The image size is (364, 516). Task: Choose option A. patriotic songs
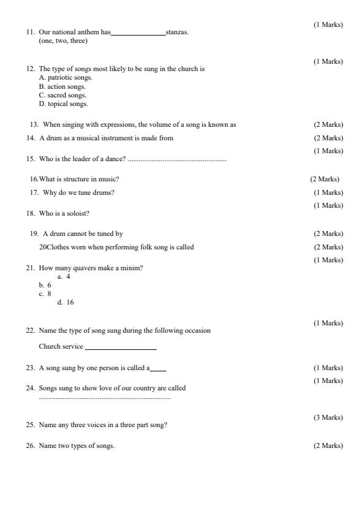pyautogui.click(x=65, y=78)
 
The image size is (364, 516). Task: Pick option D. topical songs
pyautogui.click(x=63, y=104)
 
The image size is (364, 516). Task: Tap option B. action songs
pyautogui.click(x=62, y=86)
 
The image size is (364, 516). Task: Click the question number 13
pyautogui.click(x=33, y=125)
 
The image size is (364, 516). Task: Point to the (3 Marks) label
pyautogui.click(x=328, y=417)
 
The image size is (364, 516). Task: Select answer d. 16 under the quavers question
pyautogui.click(x=65, y=302)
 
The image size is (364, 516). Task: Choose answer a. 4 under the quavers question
pyautogui.click(x=64, y=276)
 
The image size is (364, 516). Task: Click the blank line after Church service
pyautogui.click(x=121, y=348)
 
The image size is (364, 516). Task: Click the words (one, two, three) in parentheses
pyautogui.click(x=63, y=41)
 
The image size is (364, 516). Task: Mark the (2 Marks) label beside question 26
pyautogui.click(x=328, y=446)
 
